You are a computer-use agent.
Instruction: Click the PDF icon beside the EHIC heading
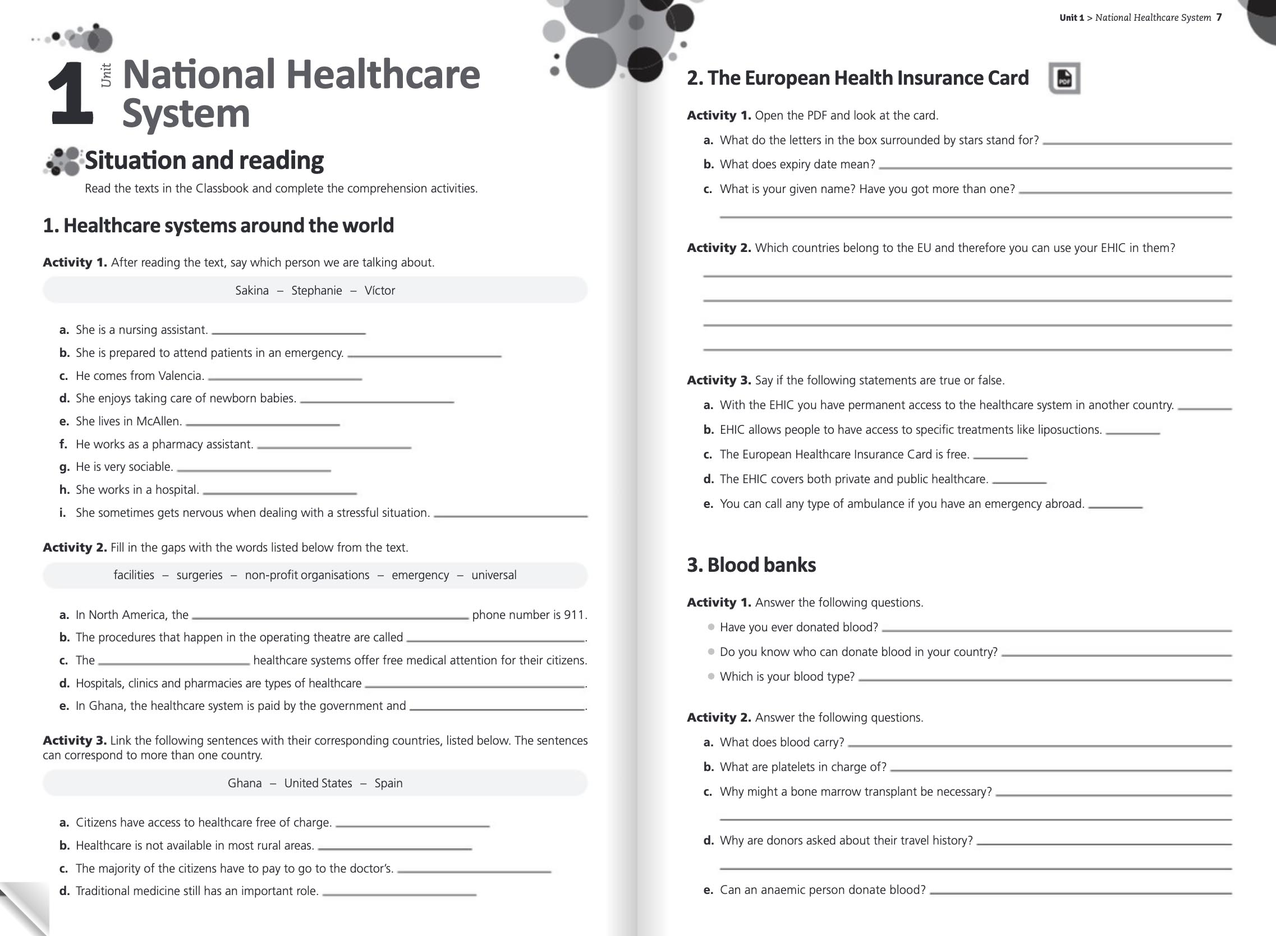(x=1064, y=78)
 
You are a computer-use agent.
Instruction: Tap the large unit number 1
(x=70, y=93)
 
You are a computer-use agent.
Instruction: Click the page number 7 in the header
(x=1219, y=17)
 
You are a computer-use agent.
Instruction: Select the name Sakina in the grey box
(x=252, y=291)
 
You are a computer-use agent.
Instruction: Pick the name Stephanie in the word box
(x=316, y=291)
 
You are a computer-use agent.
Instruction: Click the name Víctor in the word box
(x=380, y=291)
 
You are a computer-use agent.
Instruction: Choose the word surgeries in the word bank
(x=199, y=575)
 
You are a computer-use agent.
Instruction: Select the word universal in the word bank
(x=494, y=575)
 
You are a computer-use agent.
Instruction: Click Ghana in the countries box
(x=245, y=783)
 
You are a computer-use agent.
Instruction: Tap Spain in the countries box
(x=388, y=783)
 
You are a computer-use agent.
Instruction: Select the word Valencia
(x=181, y=376)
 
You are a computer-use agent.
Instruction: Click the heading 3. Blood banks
(x=751, y=565)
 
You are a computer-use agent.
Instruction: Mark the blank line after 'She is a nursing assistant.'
(x=288, y=333)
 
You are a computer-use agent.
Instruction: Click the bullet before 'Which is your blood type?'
(x=711, y=677)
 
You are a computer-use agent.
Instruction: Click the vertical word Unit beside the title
(x=106, y=75)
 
